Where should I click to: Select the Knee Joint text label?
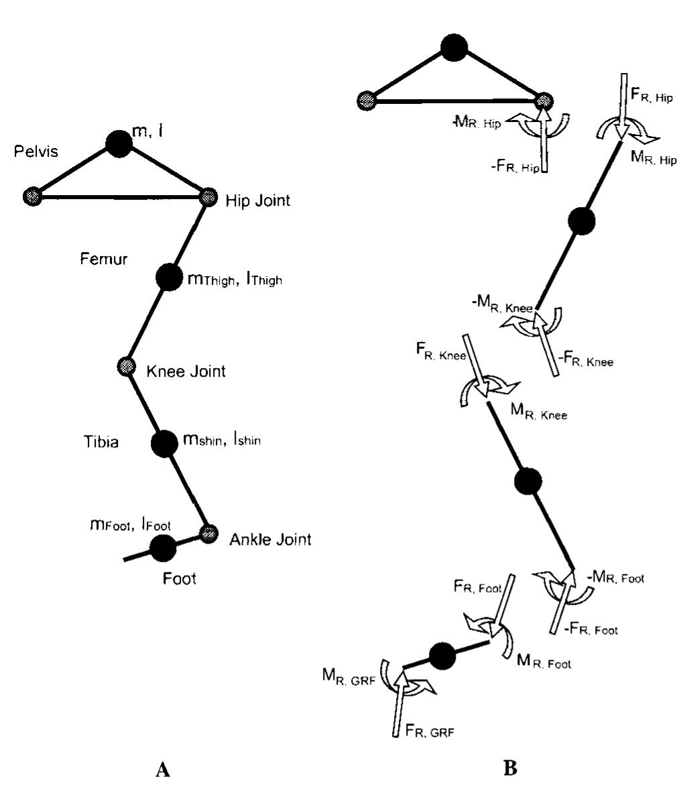(186, 371)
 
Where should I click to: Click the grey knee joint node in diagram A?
(127, 366)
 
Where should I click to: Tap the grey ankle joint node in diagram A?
(210, 533)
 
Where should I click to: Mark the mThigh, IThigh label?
(232, 278)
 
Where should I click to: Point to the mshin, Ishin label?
(222, 441)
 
